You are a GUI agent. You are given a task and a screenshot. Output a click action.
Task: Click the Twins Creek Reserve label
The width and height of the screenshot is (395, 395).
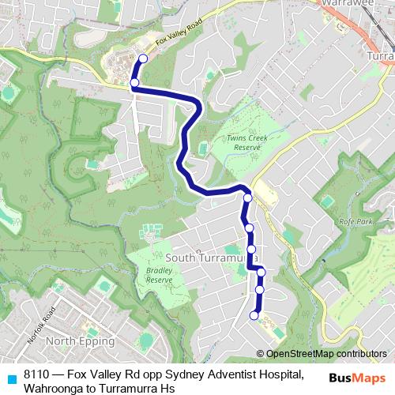(248, 142)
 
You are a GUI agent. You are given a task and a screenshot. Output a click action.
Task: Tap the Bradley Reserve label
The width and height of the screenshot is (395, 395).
(159, 275)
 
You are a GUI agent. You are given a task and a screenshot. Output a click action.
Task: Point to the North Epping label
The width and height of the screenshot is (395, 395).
(80, 341)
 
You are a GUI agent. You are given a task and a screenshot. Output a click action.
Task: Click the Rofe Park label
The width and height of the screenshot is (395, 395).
(355, 222)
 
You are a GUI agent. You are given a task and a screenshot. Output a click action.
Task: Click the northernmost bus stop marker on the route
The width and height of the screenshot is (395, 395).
(143, 58)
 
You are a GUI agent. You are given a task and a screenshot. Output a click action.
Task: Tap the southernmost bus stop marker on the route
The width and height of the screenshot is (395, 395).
(254, 316)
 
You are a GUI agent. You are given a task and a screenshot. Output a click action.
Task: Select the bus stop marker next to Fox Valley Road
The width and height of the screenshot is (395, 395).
(134, 82)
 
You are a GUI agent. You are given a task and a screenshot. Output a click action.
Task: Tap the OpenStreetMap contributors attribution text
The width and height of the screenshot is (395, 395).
(326, 354)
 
